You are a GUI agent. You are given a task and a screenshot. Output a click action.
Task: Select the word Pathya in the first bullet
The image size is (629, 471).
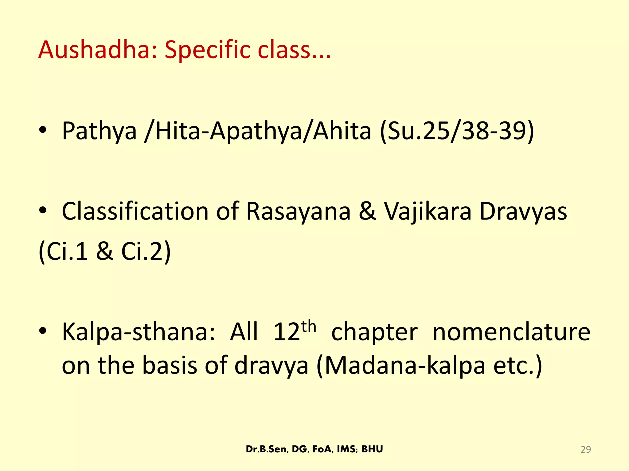pos(99,131)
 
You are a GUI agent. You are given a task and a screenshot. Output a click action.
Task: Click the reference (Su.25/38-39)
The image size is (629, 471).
pos(457,131)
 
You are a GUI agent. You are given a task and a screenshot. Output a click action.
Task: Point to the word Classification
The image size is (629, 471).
pos(135,212)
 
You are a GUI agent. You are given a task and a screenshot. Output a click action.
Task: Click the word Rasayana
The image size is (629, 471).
pos(298,212)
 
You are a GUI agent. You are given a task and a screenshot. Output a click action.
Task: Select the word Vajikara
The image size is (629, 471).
pos(428,212)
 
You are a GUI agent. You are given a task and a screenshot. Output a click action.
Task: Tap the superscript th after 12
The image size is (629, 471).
pos(309,327)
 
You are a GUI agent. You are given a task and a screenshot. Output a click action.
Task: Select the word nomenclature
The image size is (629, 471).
pos(511,332)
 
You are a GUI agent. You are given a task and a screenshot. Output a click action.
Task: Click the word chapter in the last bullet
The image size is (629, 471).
pos(374,332)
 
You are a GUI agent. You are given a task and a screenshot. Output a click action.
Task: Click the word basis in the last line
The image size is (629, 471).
pos(169,366)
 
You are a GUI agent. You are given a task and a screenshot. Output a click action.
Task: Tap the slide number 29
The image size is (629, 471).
pos(586,450)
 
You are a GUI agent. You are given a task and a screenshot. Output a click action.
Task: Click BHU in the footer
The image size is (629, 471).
pos(372,449)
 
